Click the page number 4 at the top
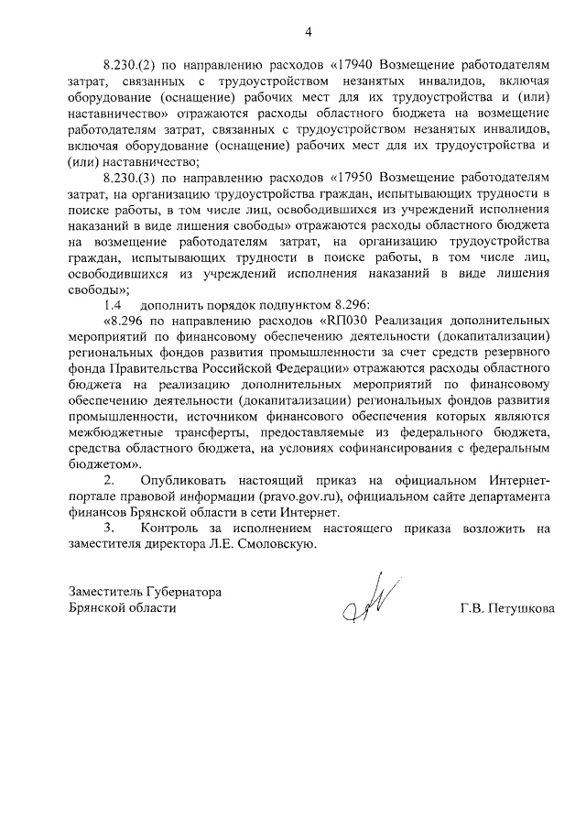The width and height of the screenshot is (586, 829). (309, 33)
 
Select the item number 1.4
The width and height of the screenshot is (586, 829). (112, 303)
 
